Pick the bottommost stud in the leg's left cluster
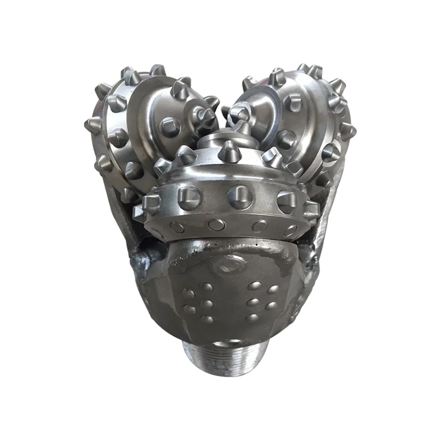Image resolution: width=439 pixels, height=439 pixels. click(206, 320)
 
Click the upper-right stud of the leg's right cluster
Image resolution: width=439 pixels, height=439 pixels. click(273, 289)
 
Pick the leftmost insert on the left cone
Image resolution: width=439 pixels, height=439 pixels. click(92, 125)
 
